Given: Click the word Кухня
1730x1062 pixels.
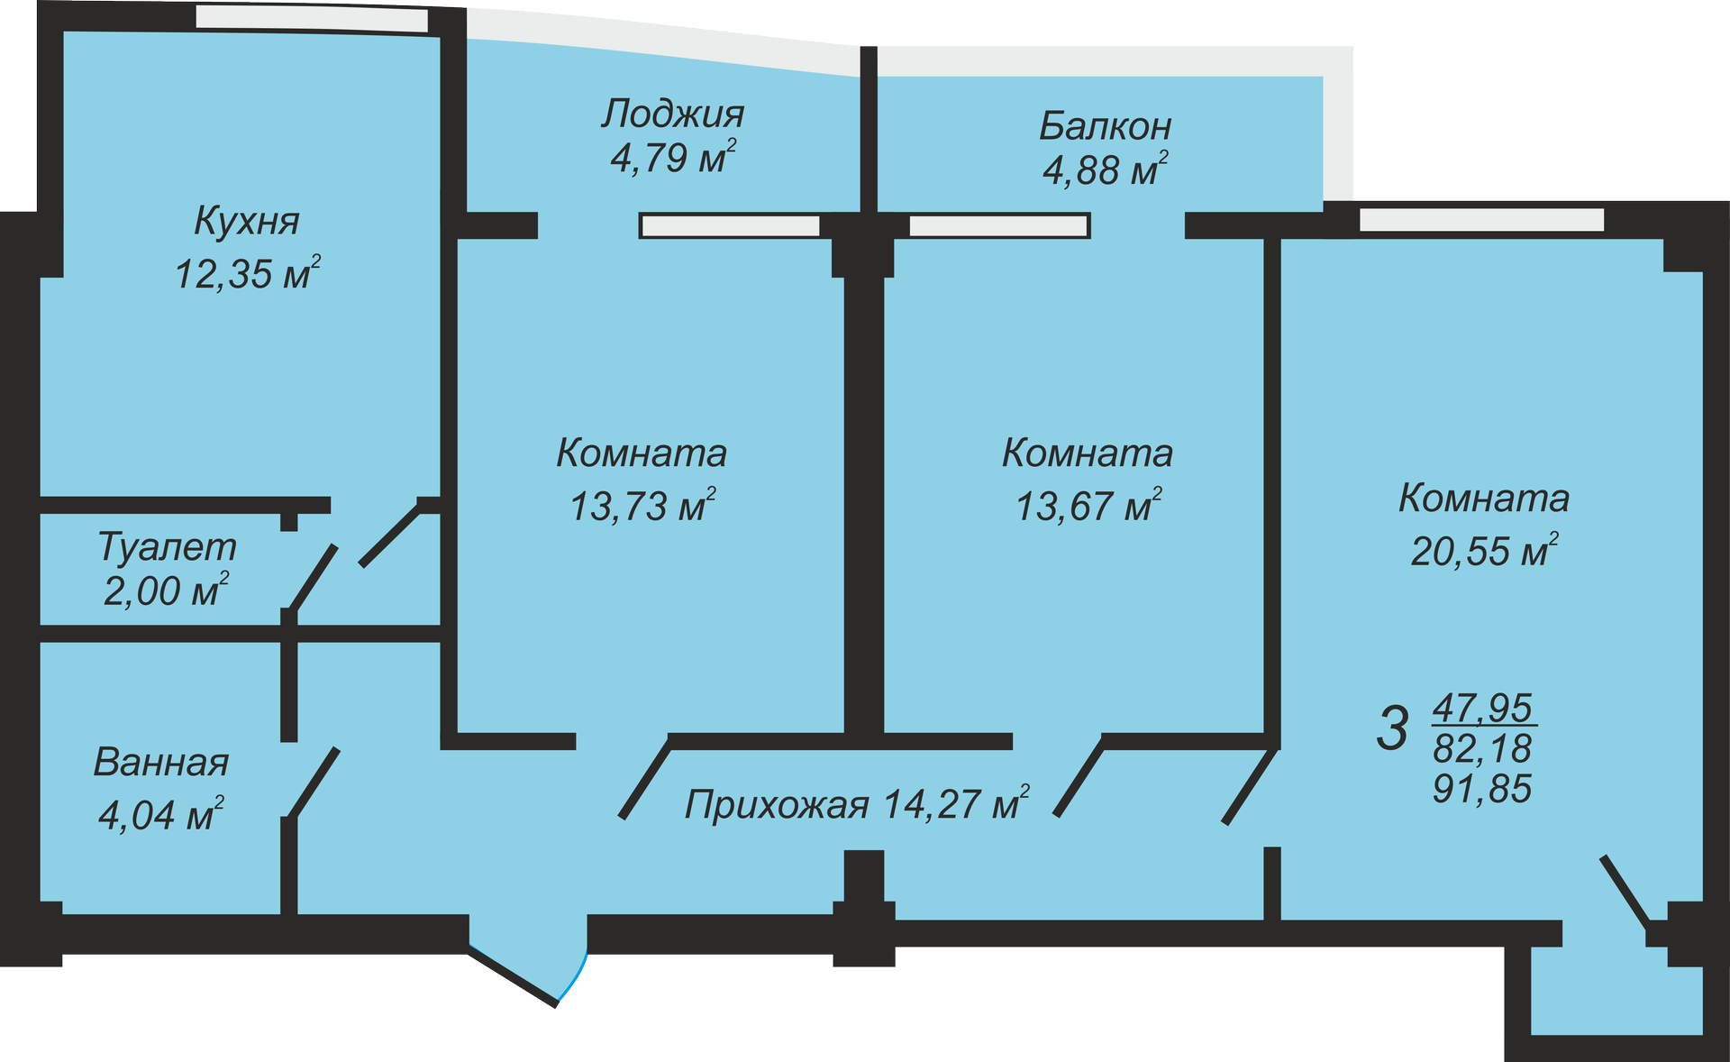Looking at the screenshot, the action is [246, 221].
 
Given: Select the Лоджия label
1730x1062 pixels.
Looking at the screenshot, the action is [672, 114].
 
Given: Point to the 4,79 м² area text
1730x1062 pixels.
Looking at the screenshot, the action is [672, 158].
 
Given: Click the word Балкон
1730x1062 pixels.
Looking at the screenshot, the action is [1105, 126].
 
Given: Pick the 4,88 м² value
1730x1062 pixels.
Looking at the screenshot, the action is [1105, 169].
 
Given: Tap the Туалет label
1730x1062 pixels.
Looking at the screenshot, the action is [167, 547].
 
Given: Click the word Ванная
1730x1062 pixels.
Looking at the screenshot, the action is [161, 763].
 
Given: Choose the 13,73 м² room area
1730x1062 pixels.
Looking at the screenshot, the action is [642, 506].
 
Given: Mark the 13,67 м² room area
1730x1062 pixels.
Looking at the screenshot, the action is [1088, 506].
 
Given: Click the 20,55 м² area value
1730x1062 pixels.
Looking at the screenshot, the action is [1484, 551].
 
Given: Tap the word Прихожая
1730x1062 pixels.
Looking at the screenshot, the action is [777, 804].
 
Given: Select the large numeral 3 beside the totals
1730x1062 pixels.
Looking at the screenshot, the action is [1392, 728].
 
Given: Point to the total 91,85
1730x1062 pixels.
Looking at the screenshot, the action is [1482, 789].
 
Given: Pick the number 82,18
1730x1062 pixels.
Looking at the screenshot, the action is [1482, 748].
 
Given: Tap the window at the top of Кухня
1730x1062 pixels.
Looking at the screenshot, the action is [311, 18].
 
